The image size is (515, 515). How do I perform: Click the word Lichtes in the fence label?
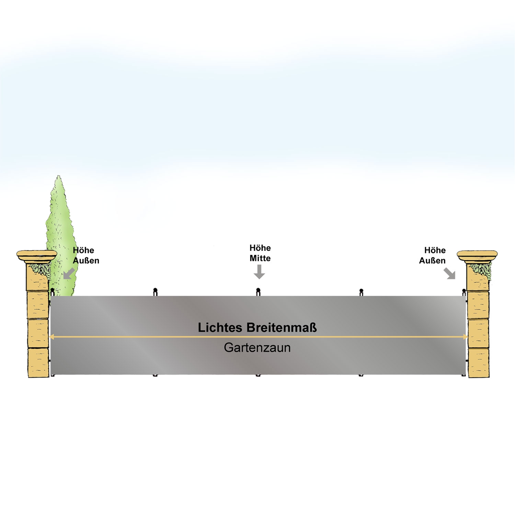coord(220,328)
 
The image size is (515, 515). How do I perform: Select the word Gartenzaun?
coord(257,348)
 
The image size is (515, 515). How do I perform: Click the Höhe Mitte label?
coord(260,253)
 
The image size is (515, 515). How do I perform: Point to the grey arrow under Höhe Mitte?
coord(259,272)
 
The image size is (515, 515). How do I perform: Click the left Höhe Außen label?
coord(86,255)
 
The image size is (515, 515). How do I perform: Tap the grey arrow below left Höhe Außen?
coord(69,274)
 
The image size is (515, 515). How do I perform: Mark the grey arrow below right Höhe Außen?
coord(449,274)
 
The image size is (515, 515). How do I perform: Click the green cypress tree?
coord(61,237)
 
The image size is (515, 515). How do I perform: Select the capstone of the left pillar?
coord(37,256)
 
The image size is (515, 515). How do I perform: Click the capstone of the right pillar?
coord(477,256)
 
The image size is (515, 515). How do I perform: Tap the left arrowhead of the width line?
coord(52,337)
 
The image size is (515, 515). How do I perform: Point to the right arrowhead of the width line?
coord(466,337)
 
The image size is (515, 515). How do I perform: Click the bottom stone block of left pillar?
coord(38,363)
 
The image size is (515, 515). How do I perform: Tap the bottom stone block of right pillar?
coord(479,363)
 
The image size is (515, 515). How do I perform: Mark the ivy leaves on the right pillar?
coord(481,270)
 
